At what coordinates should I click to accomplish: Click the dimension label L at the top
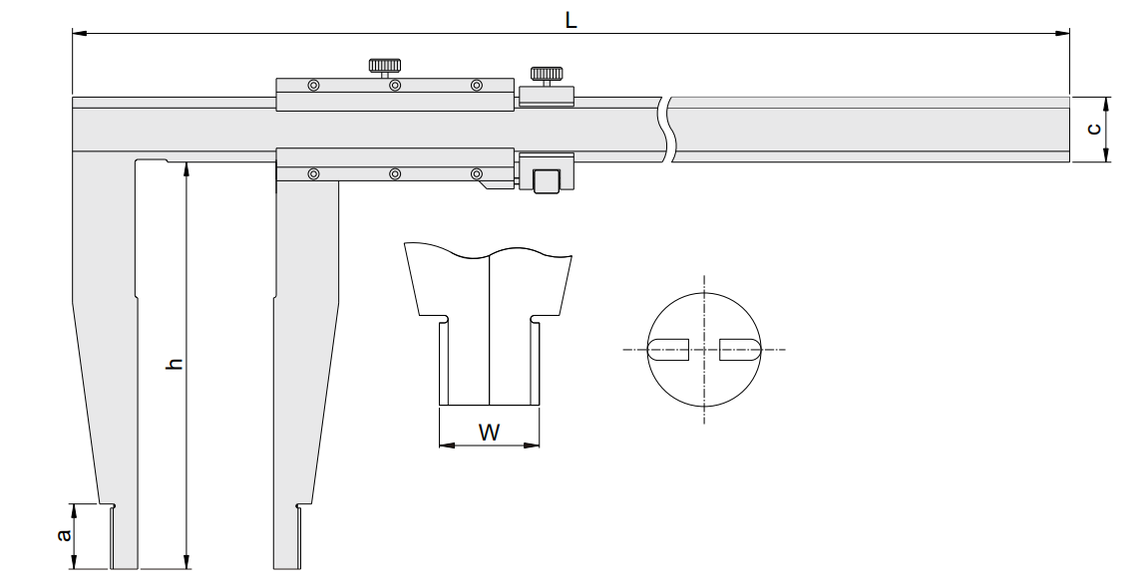(x=570, y=20)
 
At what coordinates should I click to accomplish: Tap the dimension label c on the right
(x=1095, y=129)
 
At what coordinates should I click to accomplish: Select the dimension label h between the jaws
(x=174, y=363)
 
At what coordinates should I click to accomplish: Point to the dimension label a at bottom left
(x=64, y=535)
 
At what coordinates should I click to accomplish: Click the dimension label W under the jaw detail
(x=490, y=433)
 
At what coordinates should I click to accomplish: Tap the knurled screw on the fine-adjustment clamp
(x=546, y=76)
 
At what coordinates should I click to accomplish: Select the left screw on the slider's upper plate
(x=313, y=86)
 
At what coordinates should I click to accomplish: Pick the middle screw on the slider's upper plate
(x=395, y=86)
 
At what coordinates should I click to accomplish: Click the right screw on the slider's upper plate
(x=477, y=86)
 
